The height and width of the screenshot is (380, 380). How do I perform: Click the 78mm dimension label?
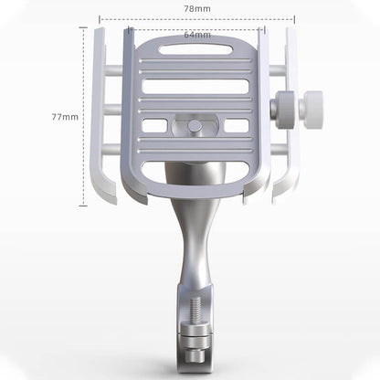pos(197,8)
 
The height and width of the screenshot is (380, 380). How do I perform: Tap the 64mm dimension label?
pos(197,36)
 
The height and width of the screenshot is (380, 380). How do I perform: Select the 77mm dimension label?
pos(65,117)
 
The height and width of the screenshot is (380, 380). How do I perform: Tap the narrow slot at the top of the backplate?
pos(195,48)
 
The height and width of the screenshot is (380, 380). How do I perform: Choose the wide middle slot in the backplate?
pos(195,89)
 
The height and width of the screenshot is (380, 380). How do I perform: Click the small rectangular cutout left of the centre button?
pos(154,125)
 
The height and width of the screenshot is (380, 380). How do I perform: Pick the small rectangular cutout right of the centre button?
pos(237,125)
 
